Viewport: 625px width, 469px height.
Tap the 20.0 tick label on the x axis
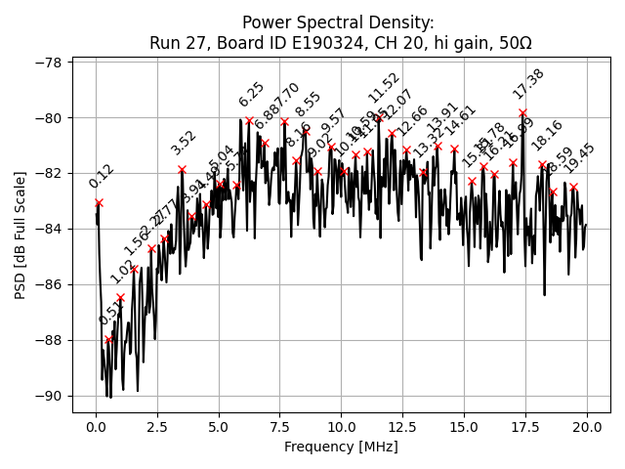[587, 427]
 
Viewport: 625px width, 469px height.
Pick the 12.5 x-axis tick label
[402, 427]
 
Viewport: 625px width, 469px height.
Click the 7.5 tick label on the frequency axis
[279, 427]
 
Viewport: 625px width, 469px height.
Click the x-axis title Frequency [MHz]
[341, 447]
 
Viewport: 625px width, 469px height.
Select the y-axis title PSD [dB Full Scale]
[20, 230]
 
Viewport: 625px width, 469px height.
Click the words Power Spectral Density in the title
[338, 23]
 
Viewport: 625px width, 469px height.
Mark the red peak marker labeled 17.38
[522, 113]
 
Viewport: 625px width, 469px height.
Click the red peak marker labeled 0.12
[99, 202]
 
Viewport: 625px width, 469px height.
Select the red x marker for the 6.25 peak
[249, 121]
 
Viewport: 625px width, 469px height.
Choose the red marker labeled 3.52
[182, 169]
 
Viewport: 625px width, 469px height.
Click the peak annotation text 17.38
[528, 84]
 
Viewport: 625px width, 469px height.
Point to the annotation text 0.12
[101, 176]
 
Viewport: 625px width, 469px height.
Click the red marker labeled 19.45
[573, 186]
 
